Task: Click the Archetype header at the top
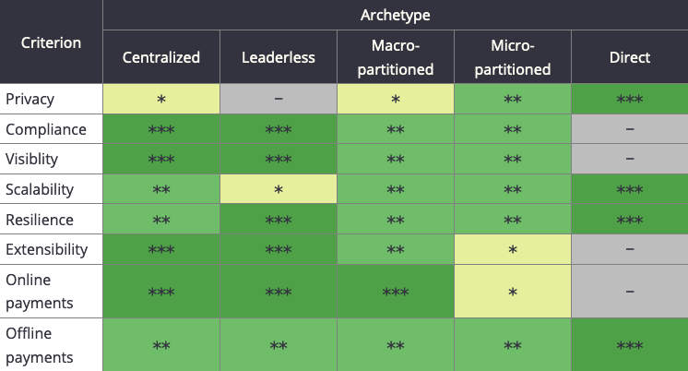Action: click(x=395, y=15)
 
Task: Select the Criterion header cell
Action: click(x=51, y=42)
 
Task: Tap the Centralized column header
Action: click(x=161, y=57)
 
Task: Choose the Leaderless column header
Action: click(x=278, y=57)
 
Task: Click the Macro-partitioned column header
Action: click(x=395, y=57)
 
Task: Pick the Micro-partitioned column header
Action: click(x=512, y=57)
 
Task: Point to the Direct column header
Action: click(x=629, y=57)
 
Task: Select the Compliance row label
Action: click(x=45, y=129)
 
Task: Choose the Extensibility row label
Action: click(x=47, y=249)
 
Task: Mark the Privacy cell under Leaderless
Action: click(x=278, y=99)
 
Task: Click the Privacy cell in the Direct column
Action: click(x=629, y=99)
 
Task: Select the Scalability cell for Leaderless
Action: click(x=278, y=189)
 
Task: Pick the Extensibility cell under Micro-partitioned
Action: click(x=512, y=249)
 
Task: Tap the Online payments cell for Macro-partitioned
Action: click(x=395, y=291)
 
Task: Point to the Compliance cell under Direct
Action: click(x=629, y=129)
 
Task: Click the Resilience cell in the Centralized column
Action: click(x=161, y=220)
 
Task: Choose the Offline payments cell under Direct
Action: click(x=629, y=345)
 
